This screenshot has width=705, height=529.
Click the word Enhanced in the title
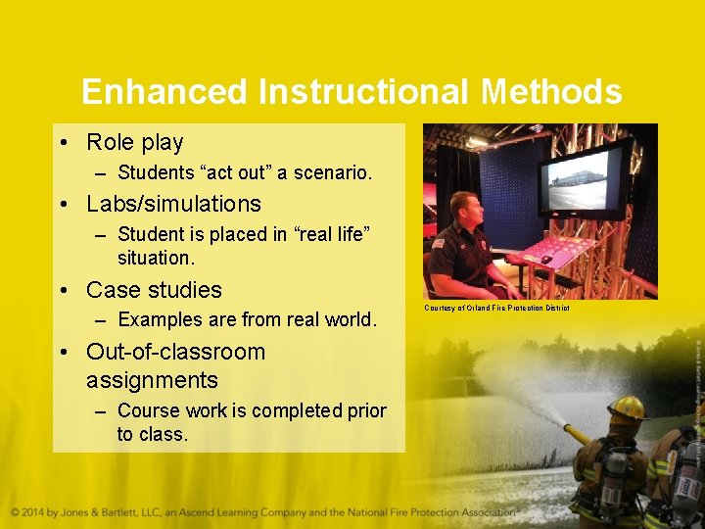pos(164,92)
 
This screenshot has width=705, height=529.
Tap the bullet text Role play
pos(134,142)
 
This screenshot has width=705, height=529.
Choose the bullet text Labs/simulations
pos(173,204)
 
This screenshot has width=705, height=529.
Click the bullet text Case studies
pos(154,290)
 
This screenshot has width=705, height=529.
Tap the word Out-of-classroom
pos(175,352)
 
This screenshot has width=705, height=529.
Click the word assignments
pos(152,379)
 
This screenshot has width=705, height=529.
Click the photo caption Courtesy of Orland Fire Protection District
pos(495,309)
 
